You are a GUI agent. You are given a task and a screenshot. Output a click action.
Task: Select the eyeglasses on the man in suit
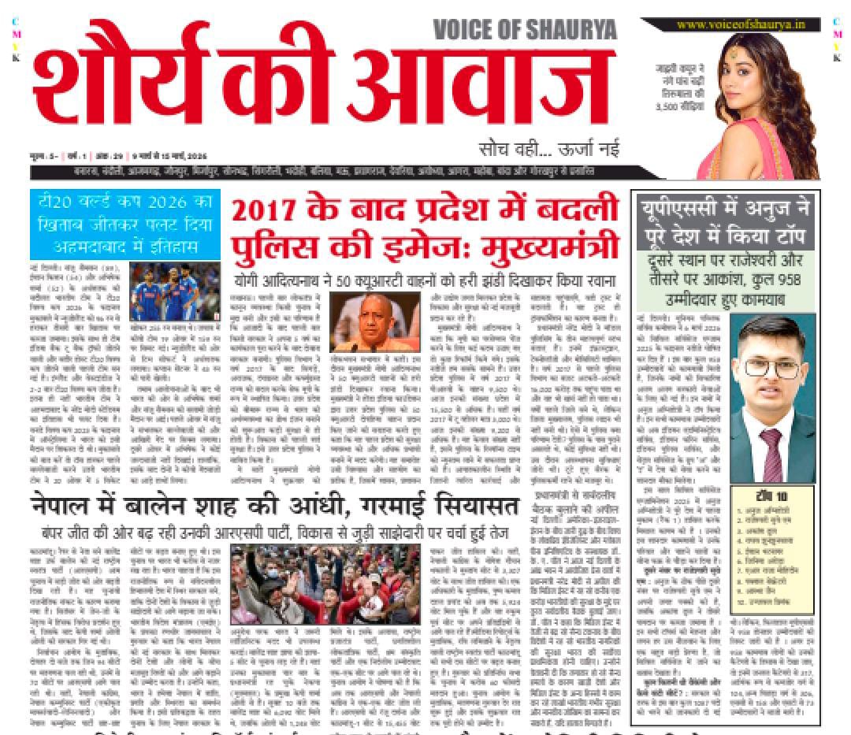(769, 366)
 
